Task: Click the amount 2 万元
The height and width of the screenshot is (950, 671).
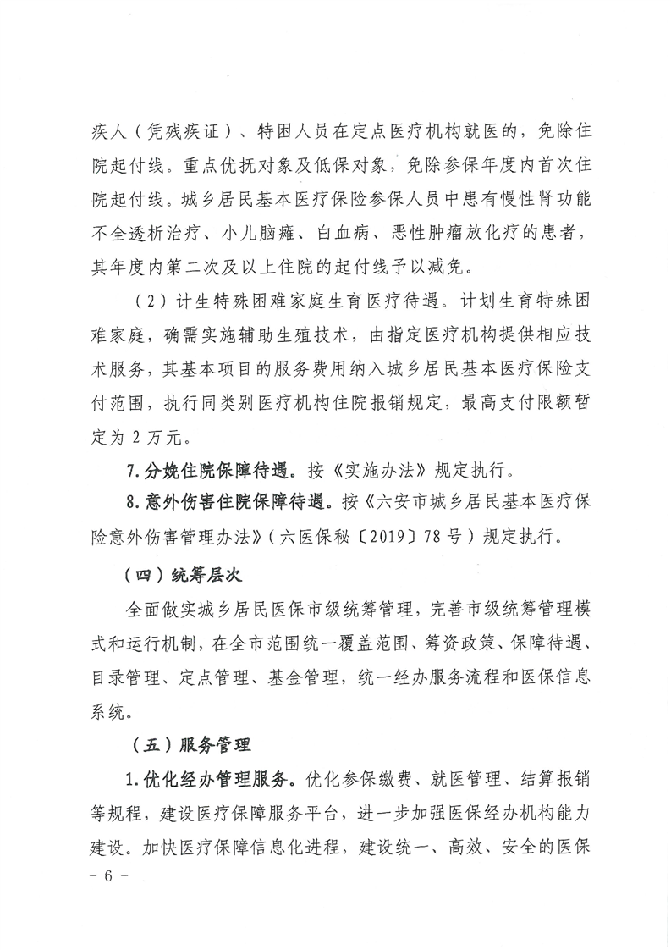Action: (x=145, y=438)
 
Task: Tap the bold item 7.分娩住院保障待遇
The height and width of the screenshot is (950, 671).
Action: (x=211, y=467)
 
